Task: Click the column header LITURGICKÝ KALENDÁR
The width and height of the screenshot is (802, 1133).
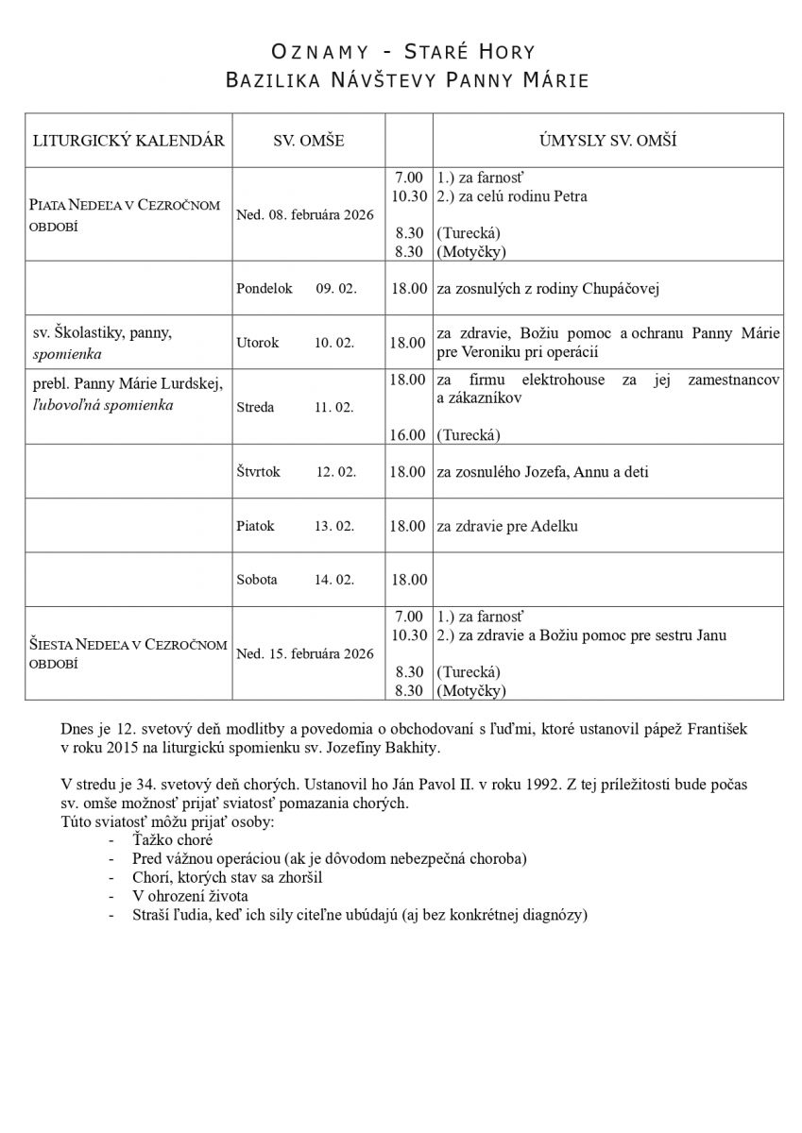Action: point(128,141)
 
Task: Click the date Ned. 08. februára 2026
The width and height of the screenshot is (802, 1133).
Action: point(304,213)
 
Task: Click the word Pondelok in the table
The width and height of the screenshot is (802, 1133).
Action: point(264,288)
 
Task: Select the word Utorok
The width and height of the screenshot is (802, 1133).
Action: point(257,343)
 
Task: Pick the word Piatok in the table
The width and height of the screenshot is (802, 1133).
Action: point(256,526)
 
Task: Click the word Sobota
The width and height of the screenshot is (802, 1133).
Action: point(257,580)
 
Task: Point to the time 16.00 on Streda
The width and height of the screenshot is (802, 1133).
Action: point(407,435)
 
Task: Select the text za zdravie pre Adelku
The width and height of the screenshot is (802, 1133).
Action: point(506,526)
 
